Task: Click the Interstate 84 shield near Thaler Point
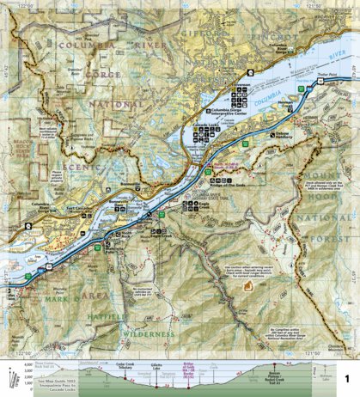click(x=303, y=88)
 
